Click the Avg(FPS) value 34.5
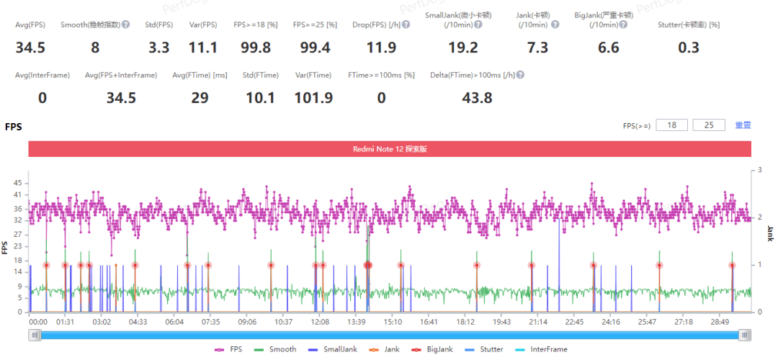click(x=30, y=48)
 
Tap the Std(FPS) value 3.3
click(x=159, y=48)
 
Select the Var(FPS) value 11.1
click(x=203, y=48)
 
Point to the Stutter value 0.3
click(x=689, y=48)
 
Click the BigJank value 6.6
click(x=607, y=48)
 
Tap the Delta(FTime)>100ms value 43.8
click(x=477, y=98)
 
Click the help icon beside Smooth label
click(x=126, y=24)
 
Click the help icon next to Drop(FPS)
click(x=406, y=24)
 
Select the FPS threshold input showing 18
click(x=671, y=125)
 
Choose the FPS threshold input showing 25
click(x=708, y=125)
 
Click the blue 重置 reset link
click(x=743, y=125)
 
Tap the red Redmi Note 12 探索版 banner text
click(x=390, y=149)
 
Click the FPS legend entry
click(x=231, y=349)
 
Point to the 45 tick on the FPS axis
click(x=18, y=183)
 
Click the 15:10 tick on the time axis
click(x=393, y=322)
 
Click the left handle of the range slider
click(x=34, y=335)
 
